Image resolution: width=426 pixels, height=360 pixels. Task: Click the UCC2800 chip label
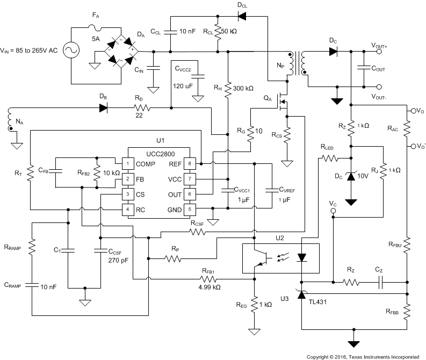pos(158,152)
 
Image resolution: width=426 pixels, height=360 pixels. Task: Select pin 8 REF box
pos(190,163)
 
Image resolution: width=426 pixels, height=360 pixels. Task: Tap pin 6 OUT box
pos(190,194)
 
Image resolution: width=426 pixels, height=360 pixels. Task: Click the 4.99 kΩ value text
pos(208,287)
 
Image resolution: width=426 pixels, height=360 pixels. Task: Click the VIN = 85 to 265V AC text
pos(32,52)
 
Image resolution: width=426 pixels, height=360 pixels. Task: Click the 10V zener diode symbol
pos(351,177)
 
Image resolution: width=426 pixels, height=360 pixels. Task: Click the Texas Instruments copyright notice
pos(363,356)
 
